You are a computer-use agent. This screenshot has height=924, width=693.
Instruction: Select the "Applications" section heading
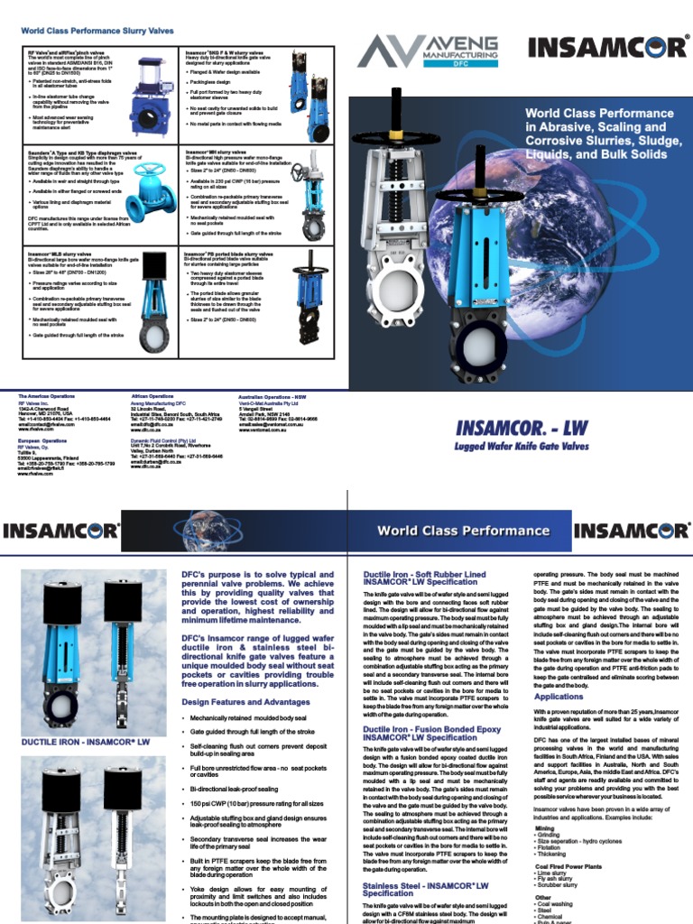coord(559,697)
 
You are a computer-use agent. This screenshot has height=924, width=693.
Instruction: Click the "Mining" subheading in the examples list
coord(545,827)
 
